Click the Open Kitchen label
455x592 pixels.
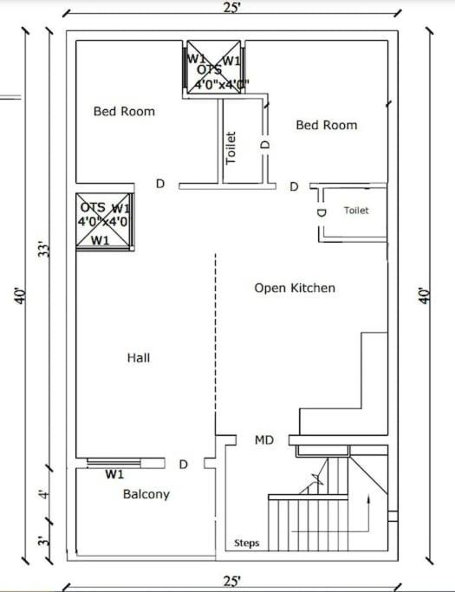coord(295,288)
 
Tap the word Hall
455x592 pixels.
coord(139,358)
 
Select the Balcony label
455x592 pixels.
coord(146,494)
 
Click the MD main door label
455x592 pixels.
coord(264,439)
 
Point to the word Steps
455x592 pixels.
coord(247,543)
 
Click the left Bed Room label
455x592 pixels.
coord(124,111)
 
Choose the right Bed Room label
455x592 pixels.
coord(327,125)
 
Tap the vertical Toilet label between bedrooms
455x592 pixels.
coord(231,147)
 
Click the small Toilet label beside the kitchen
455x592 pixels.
coord(356,211)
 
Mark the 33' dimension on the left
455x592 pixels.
coord(44,249)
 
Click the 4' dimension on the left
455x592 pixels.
coord(45,494)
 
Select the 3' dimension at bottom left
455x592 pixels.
coord(44,541)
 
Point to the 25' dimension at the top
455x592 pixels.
coord(231,8)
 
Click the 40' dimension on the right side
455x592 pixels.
coord(426,296)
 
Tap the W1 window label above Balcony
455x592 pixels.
coord(114,474)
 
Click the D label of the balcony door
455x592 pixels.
coord(183,465)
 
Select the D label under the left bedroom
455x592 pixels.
coord(160,184)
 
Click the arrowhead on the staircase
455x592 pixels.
coord(368,500)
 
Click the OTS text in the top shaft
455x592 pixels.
coord(209,70)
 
